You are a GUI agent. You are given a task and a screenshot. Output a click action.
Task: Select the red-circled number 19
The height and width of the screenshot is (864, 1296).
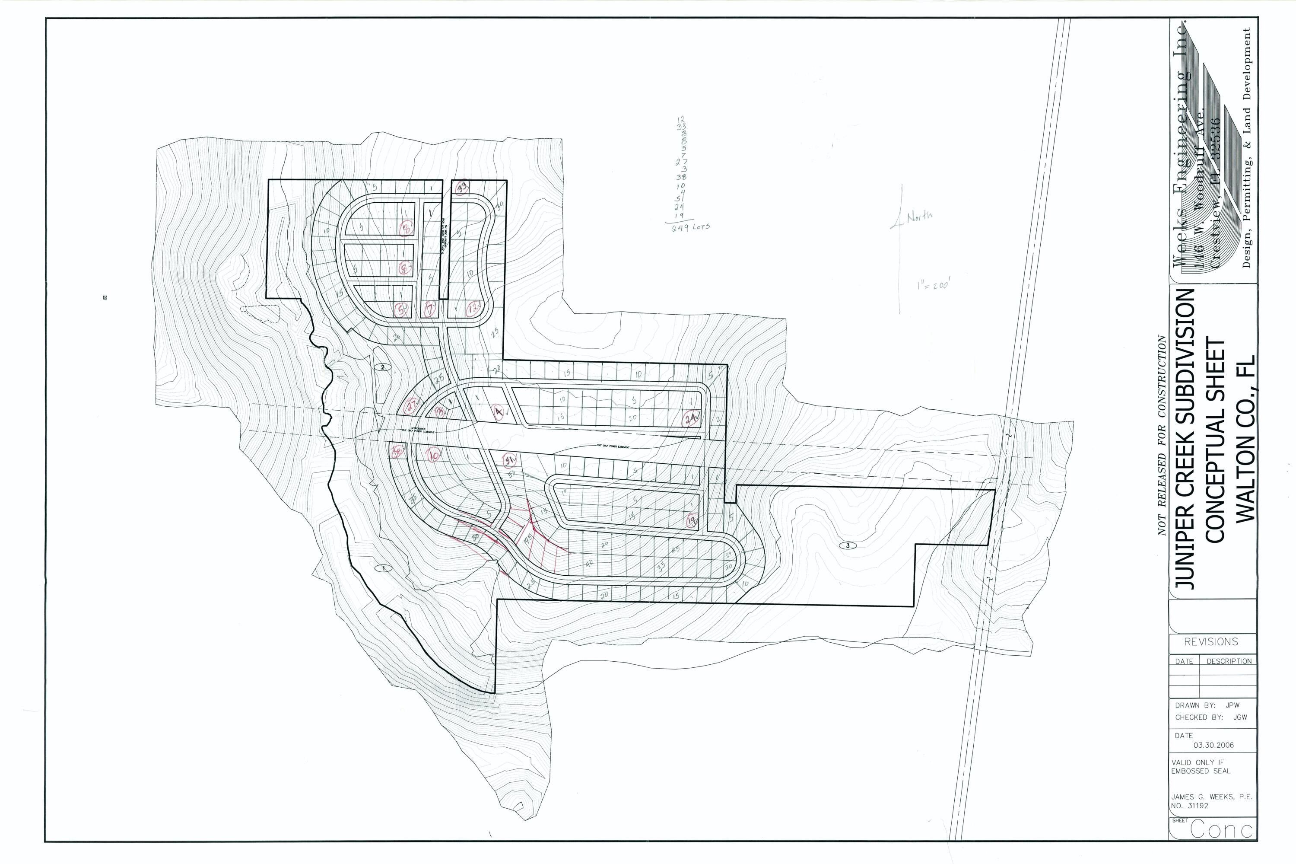coord(692,519)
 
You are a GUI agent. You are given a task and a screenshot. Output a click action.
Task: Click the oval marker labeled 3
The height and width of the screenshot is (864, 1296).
coord(848,545)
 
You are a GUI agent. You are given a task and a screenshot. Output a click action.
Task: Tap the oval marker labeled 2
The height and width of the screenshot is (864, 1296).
coord(382,367)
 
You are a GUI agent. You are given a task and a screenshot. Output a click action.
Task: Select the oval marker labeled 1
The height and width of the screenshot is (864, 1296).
coord(383,567)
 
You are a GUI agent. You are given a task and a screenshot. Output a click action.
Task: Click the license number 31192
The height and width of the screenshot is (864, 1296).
coord(1194,806)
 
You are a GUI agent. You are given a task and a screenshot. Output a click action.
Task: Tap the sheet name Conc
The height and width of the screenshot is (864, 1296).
coord(1222,830)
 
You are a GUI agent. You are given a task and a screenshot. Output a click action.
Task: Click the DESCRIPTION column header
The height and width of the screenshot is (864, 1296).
coord(1229,661)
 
